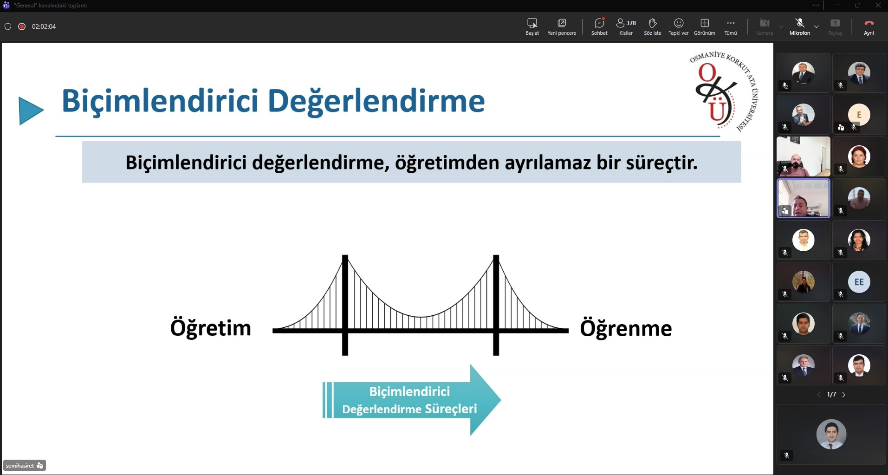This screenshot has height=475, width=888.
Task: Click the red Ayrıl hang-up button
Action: tap(869, 26)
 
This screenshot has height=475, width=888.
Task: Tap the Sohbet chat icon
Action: tap(599, 26)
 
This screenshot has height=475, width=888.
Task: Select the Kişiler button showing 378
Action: tap(626, 26)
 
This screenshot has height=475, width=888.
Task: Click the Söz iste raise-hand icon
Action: tap(652, 26)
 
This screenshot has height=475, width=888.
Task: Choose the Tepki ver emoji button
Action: tap(678, 26)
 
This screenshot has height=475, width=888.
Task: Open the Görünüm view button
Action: tap(704, 26)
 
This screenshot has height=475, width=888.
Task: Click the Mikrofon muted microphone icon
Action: tap(799, 26)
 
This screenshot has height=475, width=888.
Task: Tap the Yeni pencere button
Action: tap(562, 26)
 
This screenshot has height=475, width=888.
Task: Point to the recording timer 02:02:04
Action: tap(44, 26)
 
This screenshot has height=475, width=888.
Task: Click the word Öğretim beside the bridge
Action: tap(211, 328)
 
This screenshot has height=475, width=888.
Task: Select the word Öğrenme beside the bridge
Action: tap(626, 328)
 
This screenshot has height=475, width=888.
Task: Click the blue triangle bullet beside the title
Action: tap(30, 111)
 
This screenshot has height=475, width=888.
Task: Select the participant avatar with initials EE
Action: tap(859, 282)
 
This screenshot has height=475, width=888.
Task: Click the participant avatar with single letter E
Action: tap(859, 115)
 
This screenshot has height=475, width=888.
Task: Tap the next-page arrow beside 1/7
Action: tap(844, 395)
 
